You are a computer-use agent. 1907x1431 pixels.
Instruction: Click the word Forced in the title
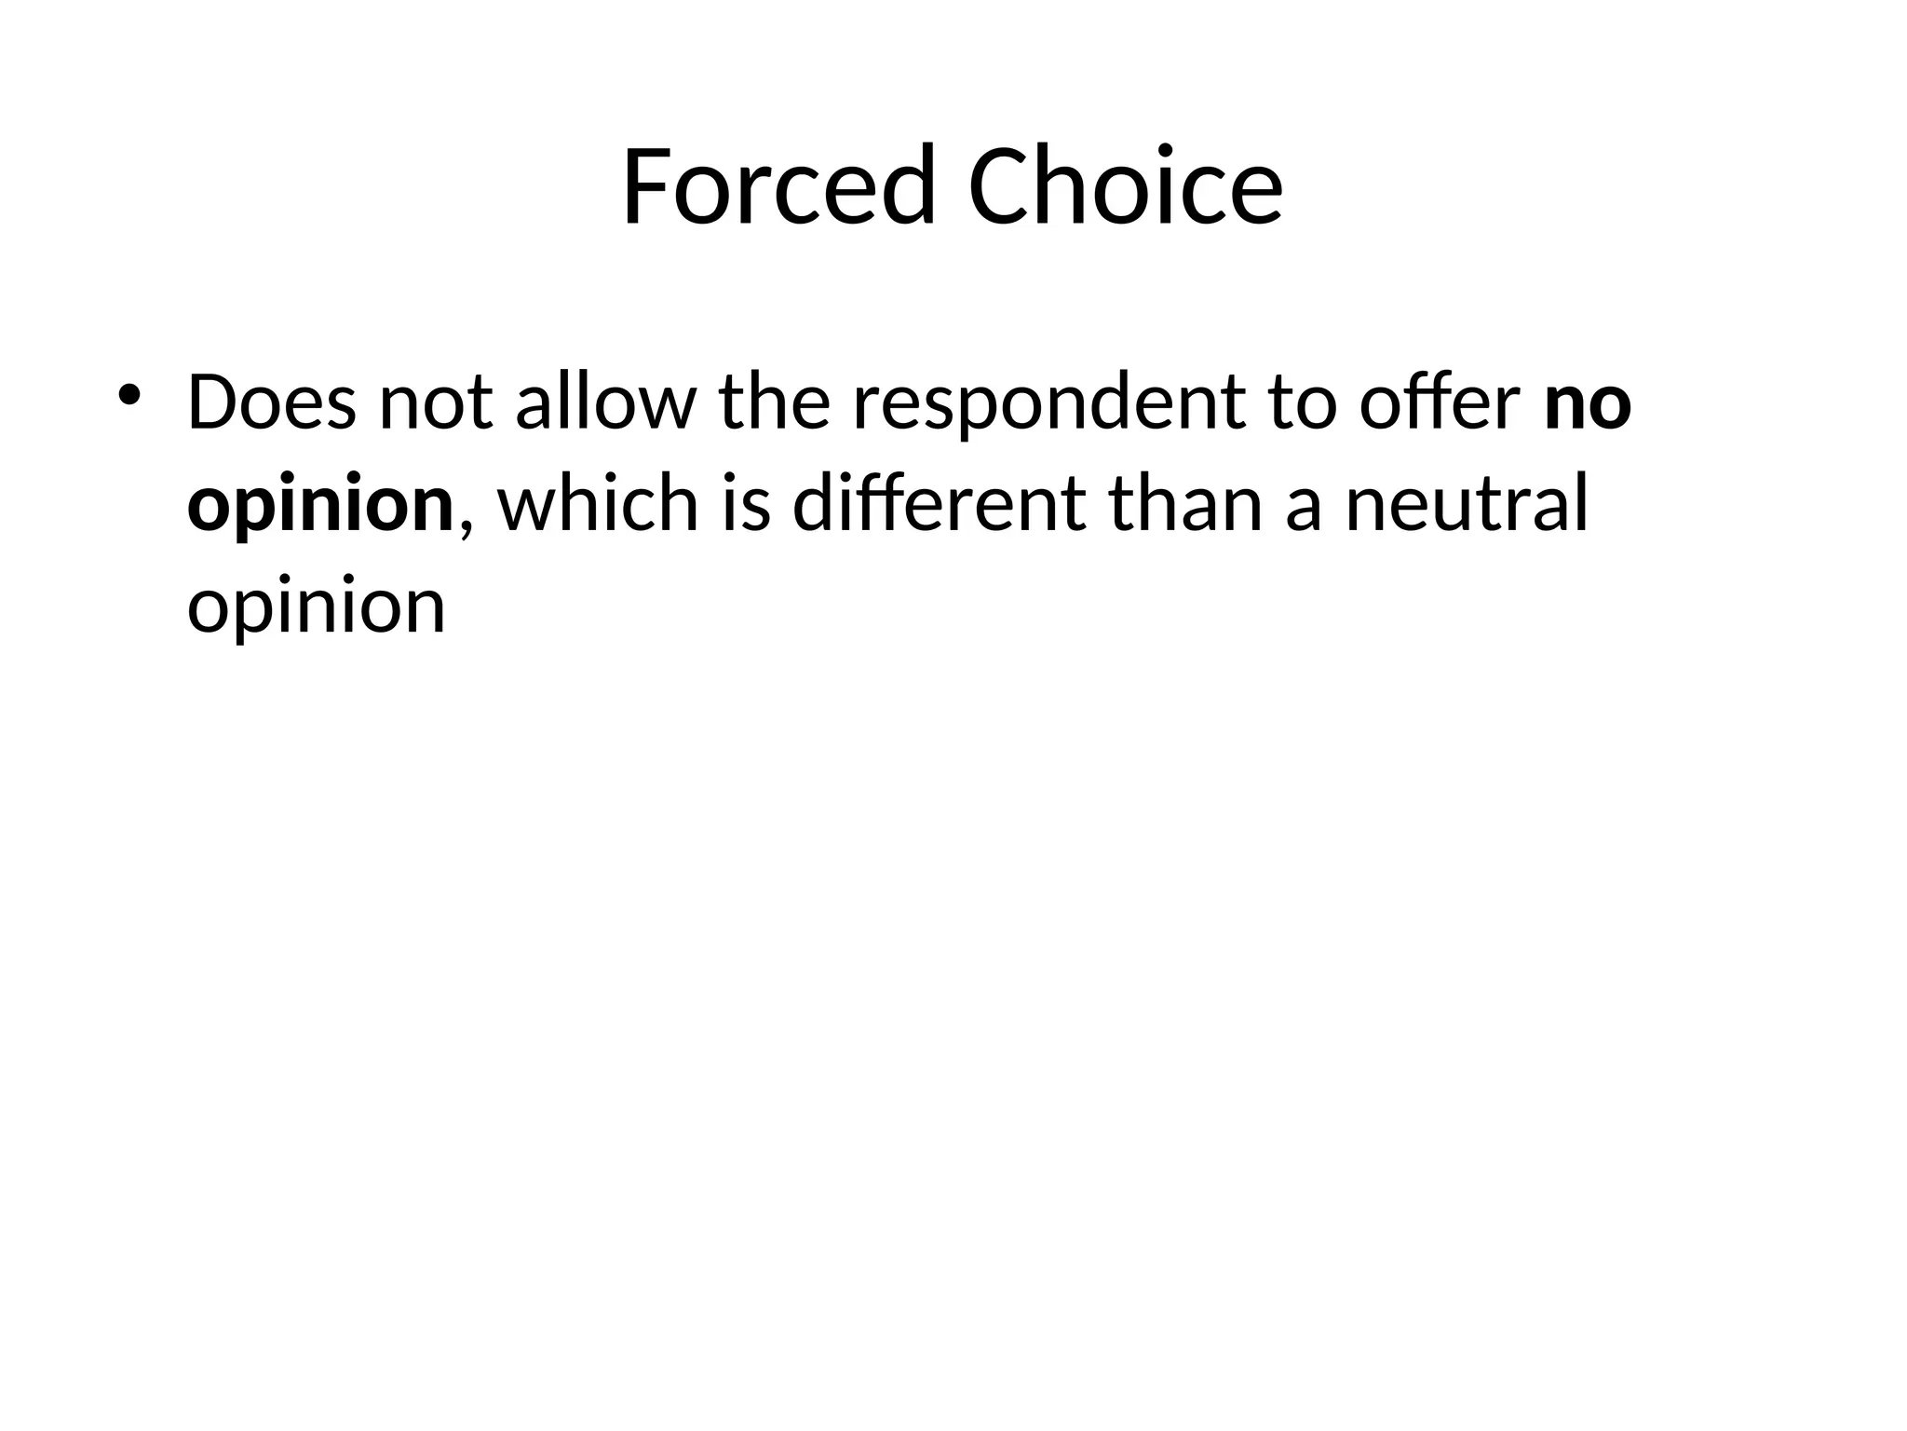click(x=778, y=185)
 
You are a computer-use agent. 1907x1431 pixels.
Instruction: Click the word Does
click(x=271, y=402)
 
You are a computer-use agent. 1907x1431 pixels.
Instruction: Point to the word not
click(x=435, y=402)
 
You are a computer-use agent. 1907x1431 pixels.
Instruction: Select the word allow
click(x=605, y=402)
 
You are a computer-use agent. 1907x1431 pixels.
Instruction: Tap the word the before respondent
click(x=774, y=402)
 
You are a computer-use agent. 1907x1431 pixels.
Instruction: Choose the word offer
click(x=1440, y=402)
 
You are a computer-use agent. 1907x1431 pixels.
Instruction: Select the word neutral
click(x=1467, y=505)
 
